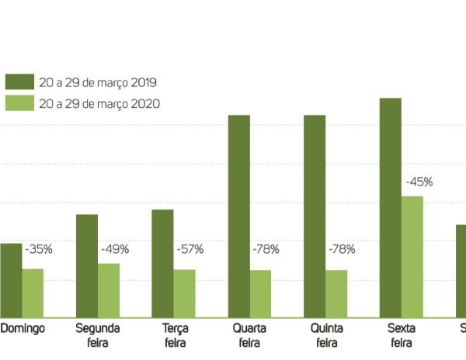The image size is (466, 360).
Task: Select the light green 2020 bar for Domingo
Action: pos(33,292)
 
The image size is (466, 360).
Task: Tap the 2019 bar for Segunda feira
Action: pos(87,265)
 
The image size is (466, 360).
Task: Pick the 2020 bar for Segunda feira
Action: pos(109,289)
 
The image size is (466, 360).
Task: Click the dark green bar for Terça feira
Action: pos(162,263)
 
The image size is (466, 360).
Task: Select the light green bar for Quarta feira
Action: pos(260,293)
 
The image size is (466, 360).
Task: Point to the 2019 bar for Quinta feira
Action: pos(315,216)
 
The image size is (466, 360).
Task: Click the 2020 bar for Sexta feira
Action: pos(412,256)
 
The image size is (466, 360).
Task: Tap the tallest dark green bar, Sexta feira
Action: pos(390,207)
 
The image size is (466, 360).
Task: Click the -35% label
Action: pos(38,250)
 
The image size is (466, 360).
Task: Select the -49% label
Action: pos(114,250)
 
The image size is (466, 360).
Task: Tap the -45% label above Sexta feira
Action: pos(419,182)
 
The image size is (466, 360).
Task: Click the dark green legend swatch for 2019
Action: pos(20,82)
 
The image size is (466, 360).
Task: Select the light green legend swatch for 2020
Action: pos(20,103)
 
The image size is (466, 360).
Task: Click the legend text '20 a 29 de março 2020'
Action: pos(100,103)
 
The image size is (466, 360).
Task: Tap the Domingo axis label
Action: pos(23,328)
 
